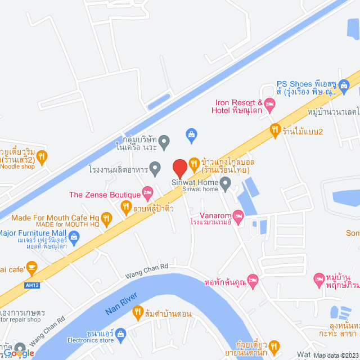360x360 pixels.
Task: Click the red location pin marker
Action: [179, 168]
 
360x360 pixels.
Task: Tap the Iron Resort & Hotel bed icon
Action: [269, 103]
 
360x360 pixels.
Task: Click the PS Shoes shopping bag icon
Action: [344, 85]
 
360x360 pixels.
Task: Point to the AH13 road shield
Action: [33, 285]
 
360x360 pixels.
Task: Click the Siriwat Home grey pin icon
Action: [226, 182]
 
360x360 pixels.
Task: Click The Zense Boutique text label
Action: [105, 195]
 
